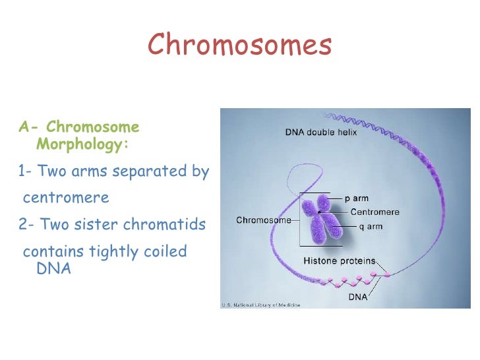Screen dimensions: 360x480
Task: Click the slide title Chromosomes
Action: tap(240, 45)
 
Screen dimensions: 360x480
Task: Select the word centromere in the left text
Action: tap(66, 198)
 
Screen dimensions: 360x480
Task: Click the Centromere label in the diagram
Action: tap(375, 212)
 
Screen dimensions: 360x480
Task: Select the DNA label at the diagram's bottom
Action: tap(357, 297)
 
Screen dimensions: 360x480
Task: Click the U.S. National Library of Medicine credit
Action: tap(260, 305)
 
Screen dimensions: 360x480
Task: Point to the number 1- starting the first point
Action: tap(26, 171)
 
